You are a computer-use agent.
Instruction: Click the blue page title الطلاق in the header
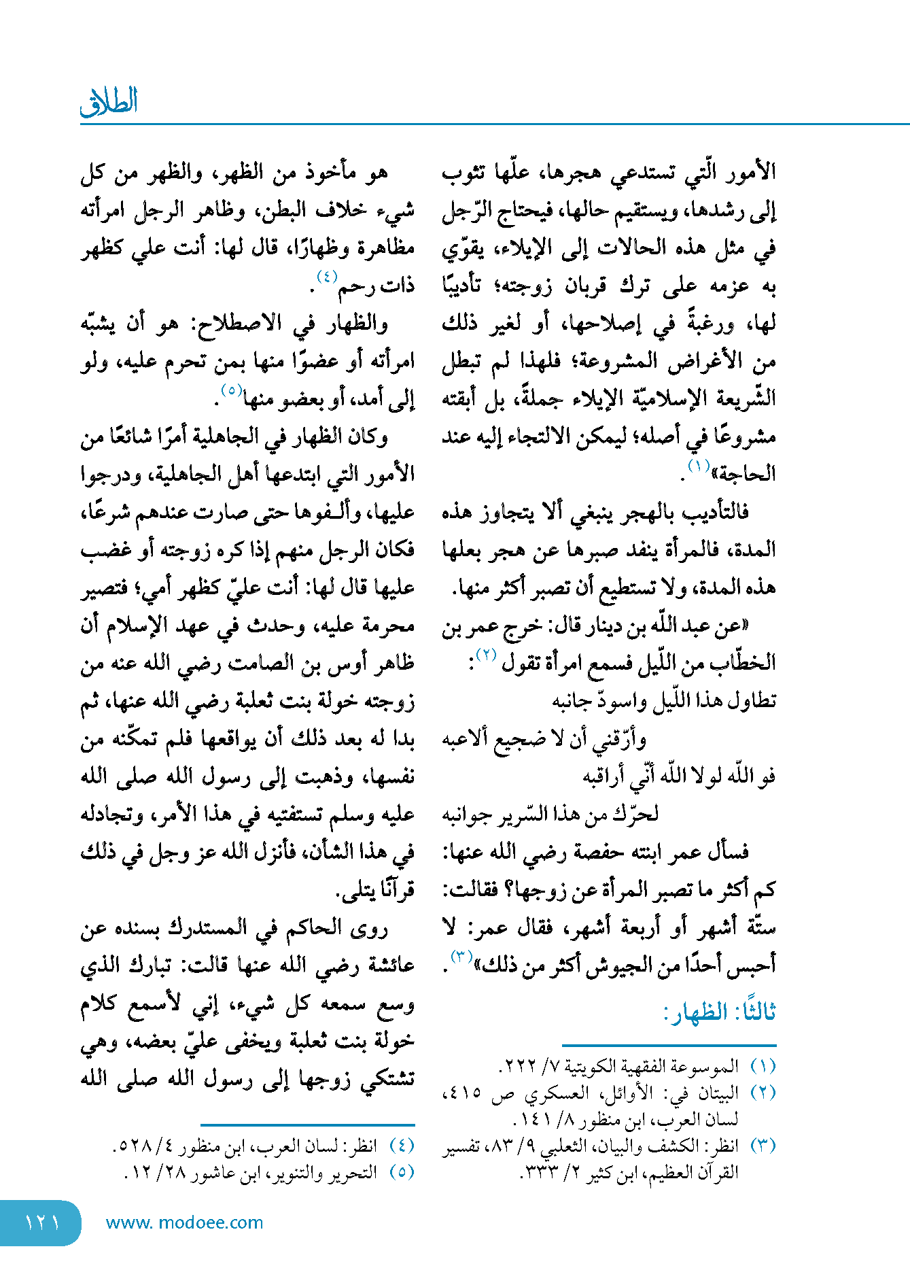click(x=109, y=102)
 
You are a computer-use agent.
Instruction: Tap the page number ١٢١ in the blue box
click(x=42, y=1222)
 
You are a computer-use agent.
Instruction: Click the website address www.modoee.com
click(x=184, y=1222)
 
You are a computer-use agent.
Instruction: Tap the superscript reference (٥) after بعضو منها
click(x=231, y=391)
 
